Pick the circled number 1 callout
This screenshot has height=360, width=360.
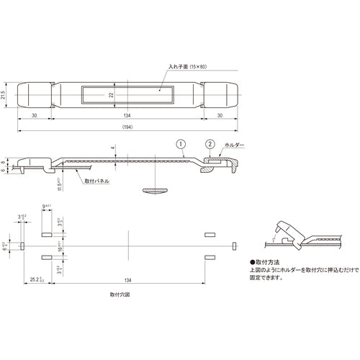point(181,143)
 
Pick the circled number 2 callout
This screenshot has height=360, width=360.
point(209,143)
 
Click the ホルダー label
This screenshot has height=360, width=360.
point(235,145)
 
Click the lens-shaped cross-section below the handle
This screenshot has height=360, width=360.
point(156,190)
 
